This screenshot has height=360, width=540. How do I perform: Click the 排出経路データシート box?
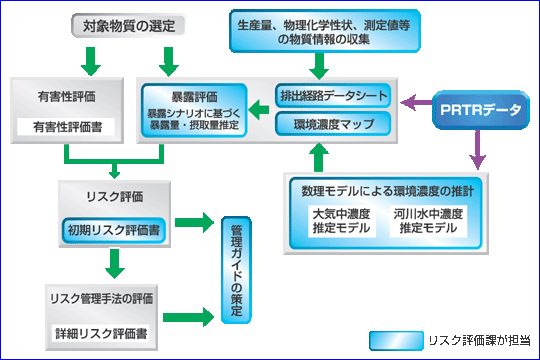tap(332, 97)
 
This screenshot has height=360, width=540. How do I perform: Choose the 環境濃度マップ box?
tap(332, 124)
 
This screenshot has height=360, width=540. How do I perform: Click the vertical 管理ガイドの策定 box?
tap(236, 267)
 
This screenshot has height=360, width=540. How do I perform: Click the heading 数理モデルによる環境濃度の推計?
tap(379, 189)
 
